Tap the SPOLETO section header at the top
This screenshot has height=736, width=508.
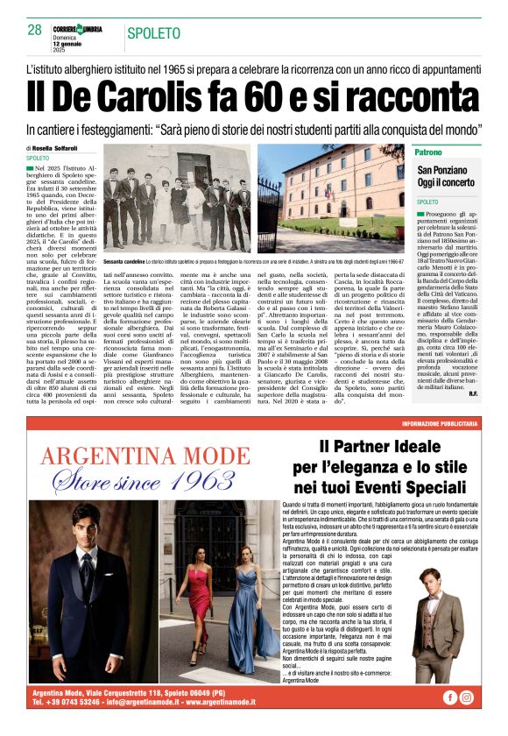[159, 34]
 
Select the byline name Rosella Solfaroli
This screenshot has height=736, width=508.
[63, 148]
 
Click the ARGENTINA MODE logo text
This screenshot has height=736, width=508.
[145, 456]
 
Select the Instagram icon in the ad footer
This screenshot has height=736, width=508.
[467, 697]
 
